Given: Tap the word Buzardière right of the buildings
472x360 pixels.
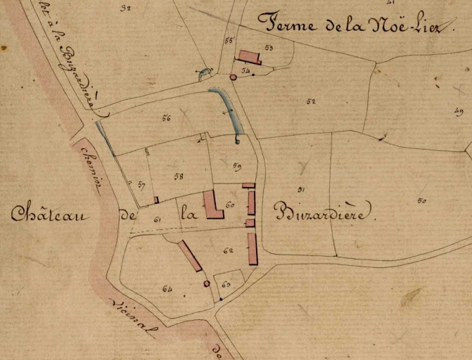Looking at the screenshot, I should [319, 212].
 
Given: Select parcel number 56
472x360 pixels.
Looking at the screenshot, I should [166, 118].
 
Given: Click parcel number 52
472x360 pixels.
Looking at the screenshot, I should [310, 101].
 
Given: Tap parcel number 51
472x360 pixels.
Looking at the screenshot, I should [300, 189].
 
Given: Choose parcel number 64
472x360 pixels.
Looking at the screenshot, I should [167, 288].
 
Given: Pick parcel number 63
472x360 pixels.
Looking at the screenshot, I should [225, 284].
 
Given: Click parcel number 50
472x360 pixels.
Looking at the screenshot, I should [421, 201].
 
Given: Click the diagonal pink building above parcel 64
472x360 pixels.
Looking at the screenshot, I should [190, 256].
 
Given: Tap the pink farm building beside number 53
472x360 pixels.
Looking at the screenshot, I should [249, 57].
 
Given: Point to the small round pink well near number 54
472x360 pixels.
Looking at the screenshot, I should [233, 77].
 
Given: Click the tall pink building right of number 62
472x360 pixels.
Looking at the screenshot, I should [253, 249].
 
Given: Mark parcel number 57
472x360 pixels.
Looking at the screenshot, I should [141, 185].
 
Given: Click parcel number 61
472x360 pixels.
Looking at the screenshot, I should [157, 220].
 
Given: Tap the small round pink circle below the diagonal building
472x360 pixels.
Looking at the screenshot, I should [206, 283].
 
